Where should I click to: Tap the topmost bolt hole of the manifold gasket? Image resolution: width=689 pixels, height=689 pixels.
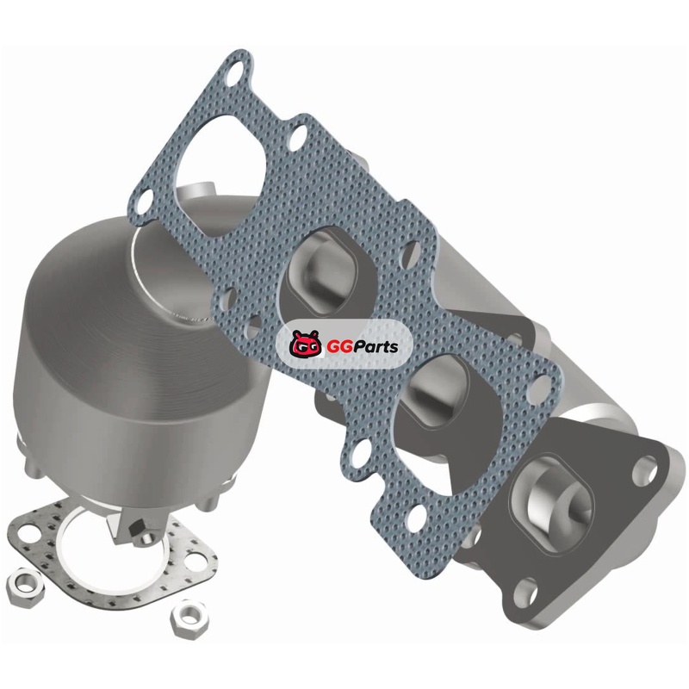coord(238,71)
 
